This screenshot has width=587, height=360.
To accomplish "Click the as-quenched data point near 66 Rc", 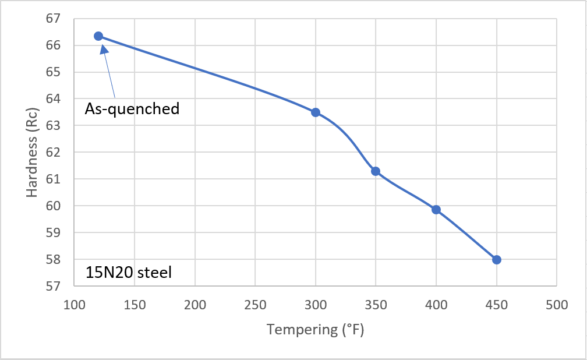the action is coord(98,36).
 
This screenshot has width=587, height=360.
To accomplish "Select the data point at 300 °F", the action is coord(316,112).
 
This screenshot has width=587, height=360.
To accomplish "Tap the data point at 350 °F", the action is coord(376,171).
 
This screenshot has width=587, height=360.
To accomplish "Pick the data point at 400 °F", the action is coord(436,210).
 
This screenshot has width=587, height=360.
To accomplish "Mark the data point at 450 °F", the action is coord(496,260).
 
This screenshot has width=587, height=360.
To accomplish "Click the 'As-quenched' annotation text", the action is coord(132,109).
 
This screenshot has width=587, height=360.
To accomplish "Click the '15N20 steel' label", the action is coord(128,273).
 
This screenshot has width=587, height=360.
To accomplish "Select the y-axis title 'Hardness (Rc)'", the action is coord(32,153).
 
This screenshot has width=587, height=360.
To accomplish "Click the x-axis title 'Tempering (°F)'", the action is coord(315,330).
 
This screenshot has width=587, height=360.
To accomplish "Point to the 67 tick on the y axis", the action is coord(53,19).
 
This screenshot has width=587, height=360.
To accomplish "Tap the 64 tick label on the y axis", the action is coord(53,98).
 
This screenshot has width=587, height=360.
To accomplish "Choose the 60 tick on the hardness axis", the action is coord(53,206).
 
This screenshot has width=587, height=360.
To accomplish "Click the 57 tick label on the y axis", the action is coord(53,286).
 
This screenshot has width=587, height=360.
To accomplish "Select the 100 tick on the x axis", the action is coord(74,305).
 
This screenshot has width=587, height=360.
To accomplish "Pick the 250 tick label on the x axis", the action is coord(255,305).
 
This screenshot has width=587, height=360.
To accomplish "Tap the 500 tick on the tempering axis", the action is coord(557,305).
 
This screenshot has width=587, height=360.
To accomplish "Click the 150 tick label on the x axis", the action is coord(135,305).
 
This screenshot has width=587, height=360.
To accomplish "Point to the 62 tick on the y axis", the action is coord(53,152).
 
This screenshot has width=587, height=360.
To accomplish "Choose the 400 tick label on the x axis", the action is coord(436,305).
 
